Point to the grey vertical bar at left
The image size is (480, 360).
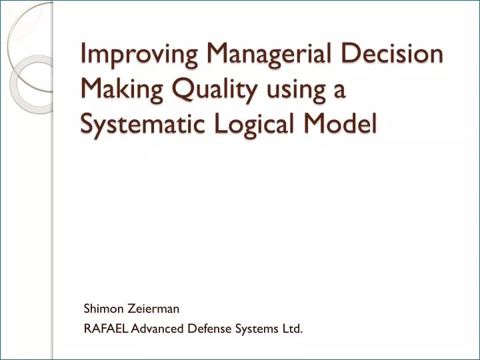(51, 233)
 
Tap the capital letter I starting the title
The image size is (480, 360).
(84, 55)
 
